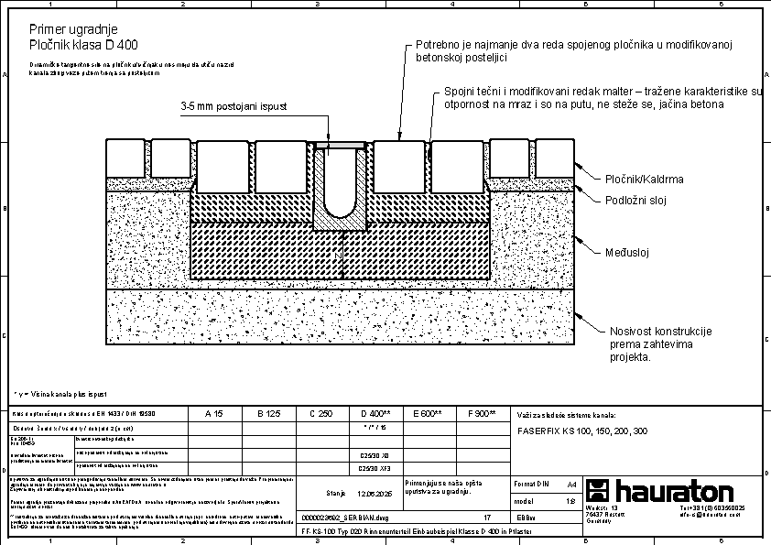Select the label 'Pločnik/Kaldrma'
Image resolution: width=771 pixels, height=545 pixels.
(x=645, y=180)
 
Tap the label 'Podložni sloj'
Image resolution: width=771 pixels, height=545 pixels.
(x=639, y=200)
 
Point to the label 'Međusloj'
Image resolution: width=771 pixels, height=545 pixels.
(x=626, y=252)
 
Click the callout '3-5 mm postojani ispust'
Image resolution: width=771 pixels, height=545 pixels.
(x=234, y=107)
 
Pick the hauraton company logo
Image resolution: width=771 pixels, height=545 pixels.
(x=659, y=489)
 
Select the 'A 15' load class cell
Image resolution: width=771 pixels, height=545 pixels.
(x=212, y=414)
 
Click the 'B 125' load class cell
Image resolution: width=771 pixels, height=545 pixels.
(x=268, y=414)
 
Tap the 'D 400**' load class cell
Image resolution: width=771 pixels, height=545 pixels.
(x=376, y=414)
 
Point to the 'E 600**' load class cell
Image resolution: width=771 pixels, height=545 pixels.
(x=428, y=414)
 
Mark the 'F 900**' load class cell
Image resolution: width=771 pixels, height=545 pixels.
(x=481, y=414)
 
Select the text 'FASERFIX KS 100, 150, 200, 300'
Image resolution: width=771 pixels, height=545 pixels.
(x=582, y=431)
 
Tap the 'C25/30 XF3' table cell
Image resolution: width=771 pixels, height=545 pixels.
(x=375, y=467)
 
